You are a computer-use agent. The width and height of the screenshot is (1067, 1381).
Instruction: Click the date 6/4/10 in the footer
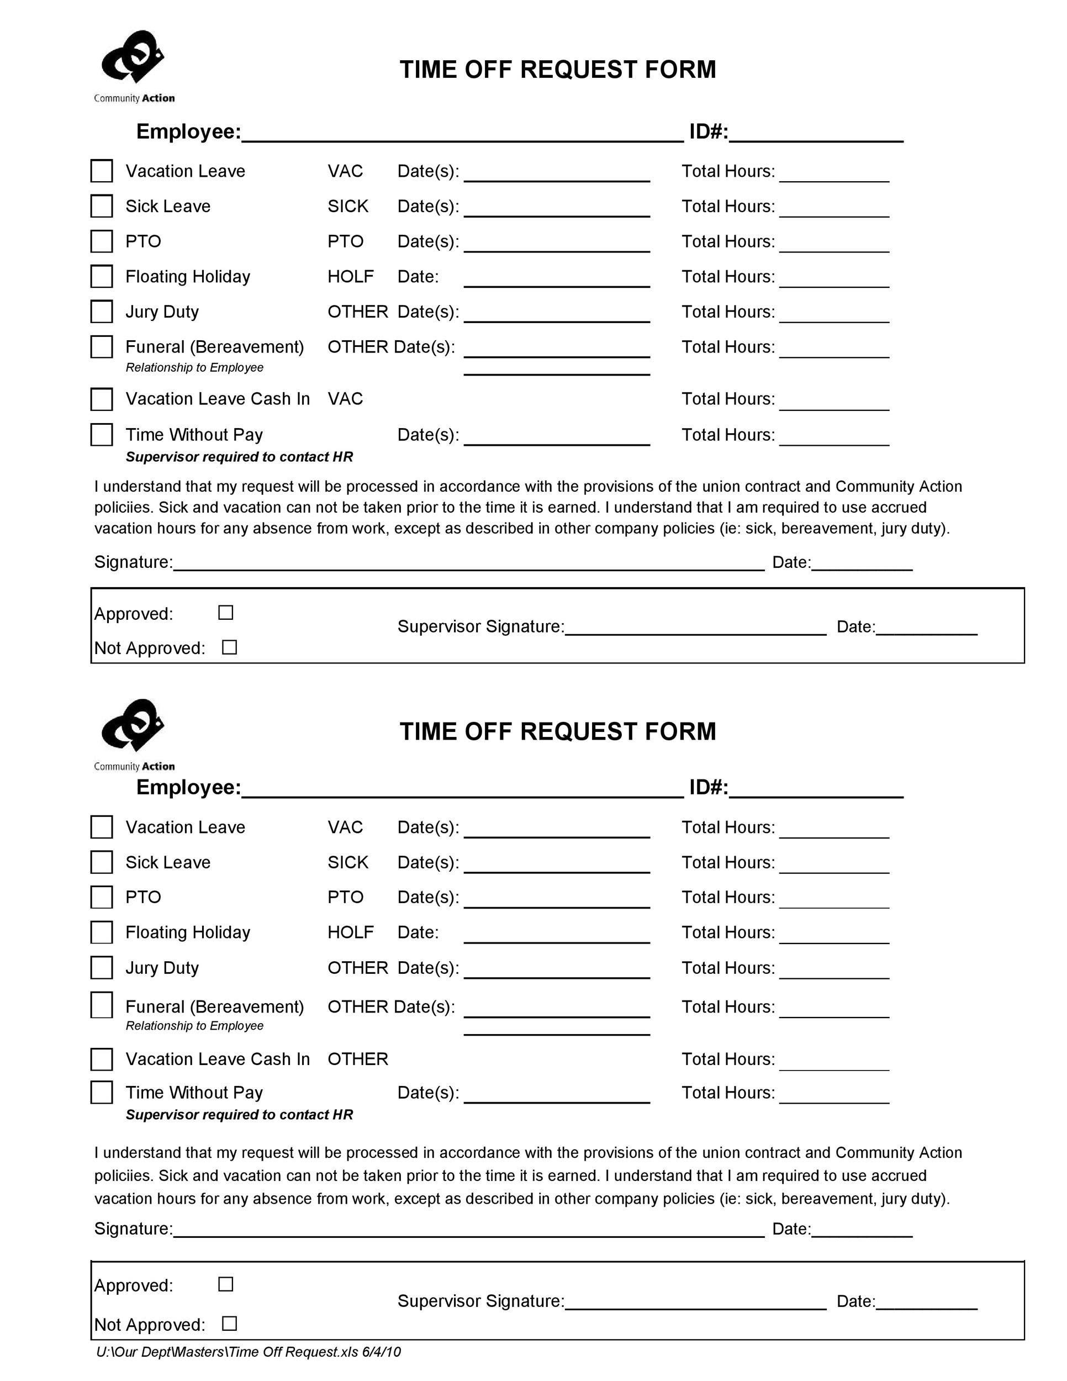(381, 1352)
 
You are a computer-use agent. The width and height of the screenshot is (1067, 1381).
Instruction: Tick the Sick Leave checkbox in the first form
(102, 206)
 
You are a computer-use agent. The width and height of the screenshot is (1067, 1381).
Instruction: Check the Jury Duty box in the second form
(102, 967)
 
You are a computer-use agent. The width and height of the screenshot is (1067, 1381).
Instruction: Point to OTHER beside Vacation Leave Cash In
(358, 1059)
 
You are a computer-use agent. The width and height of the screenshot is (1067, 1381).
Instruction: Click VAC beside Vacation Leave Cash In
(345, 399)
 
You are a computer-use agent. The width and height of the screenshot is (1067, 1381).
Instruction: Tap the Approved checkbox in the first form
(226, 613)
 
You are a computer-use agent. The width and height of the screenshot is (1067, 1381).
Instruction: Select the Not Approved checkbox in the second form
(229, 1324)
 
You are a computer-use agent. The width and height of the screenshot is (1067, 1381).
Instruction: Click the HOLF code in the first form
(350, 276)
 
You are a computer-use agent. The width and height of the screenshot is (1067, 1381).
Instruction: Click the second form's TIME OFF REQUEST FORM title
(557, 731)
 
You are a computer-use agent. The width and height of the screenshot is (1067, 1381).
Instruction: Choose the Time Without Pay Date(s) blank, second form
(556, 1096)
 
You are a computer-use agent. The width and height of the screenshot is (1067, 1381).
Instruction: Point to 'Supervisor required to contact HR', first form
(239, 456)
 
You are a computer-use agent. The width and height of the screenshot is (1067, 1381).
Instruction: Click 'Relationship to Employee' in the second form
(194, 1026)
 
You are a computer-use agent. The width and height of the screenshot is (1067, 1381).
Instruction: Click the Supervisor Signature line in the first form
(695, 629)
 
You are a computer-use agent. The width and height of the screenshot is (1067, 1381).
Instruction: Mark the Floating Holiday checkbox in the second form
(102, 932)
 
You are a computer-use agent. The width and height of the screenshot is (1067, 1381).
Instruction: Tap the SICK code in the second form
(348, 862)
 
